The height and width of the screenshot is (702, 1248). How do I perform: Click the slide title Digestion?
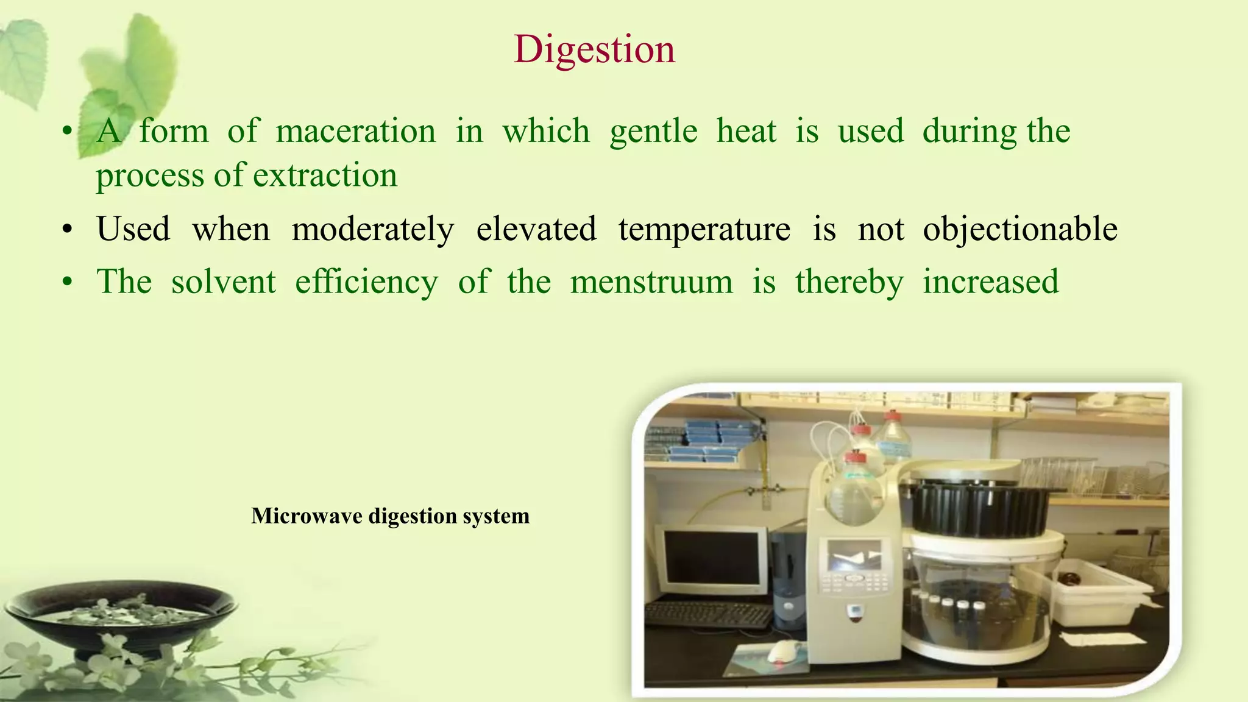click(594, 49)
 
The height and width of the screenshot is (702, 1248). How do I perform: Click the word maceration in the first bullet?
click(355, 131)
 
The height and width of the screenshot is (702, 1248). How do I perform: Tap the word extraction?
click(325, 175)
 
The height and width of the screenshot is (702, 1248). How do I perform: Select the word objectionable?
click(1019, 230)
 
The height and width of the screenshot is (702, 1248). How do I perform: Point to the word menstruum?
click(651, 282)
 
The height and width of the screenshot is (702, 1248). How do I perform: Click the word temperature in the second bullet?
click(704, 230)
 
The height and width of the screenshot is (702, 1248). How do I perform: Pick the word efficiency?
click(366, 282)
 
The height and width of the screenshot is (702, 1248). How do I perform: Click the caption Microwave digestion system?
click(390, 516)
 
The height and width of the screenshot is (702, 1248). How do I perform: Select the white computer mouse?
click(782, 651)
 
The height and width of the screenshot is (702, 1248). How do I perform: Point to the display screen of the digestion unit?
click(854, 555)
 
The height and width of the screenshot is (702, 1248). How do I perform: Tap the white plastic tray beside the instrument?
click(1091, 591)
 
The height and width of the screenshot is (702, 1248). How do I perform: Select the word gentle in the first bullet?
click(653, 131)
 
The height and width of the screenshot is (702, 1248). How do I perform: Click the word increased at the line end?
click(990, 282)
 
